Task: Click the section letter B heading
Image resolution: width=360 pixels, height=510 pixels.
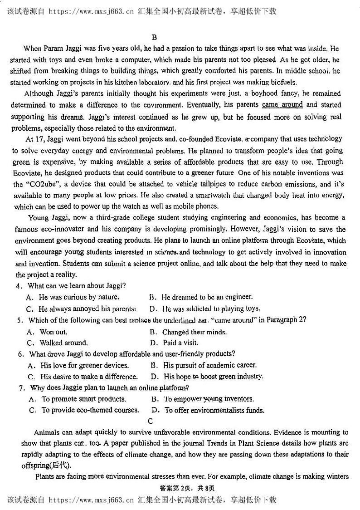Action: (154, 38)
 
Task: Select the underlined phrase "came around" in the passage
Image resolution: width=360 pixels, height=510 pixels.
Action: (282, 105)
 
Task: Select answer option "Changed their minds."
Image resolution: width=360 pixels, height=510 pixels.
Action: (195, 332)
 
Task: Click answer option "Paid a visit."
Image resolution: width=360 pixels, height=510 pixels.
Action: (180, 343)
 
